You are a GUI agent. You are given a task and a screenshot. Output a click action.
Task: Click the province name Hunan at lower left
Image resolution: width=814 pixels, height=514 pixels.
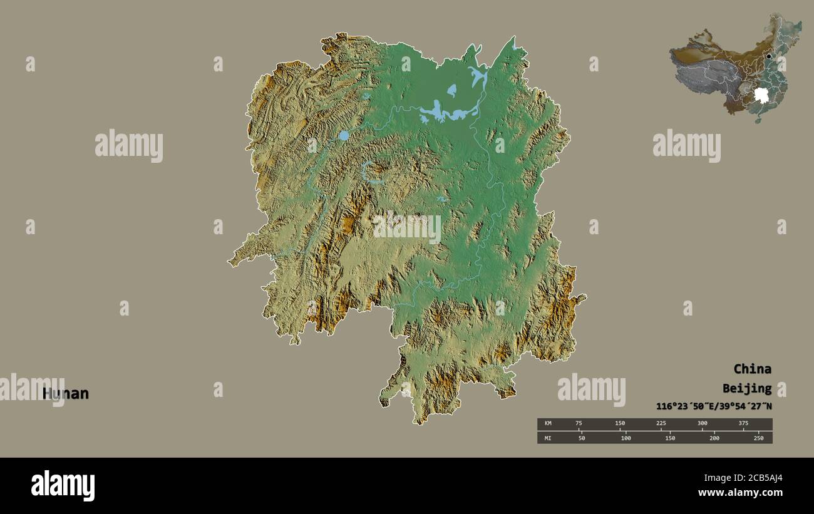pyautogui.click(x=66, y=394)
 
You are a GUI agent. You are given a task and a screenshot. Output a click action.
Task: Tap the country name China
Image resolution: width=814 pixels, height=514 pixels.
pyautogui.click(x=752, y=369)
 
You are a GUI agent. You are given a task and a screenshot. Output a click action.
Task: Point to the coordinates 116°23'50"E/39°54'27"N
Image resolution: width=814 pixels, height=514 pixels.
pyautogui.click(x=714, y=406)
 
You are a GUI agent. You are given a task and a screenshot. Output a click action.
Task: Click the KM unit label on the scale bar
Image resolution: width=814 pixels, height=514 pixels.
pyautogui.click(x=548, y=424)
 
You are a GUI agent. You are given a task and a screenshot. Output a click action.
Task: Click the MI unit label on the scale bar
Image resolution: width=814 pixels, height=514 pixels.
pyautogui.click(x=548, y=438)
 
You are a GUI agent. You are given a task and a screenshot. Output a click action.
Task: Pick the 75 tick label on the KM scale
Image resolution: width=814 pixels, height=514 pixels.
pyautogui.click(x=579, y=424)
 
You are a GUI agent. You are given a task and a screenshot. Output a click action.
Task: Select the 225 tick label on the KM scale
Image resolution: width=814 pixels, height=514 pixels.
pyautogui.click(x=661, y=424)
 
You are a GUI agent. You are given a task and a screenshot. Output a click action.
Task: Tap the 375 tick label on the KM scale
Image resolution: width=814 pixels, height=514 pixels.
pyautogui.click(x=743, y=424)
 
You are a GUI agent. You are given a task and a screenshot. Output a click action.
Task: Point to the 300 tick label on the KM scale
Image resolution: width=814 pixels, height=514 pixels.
pyautogui.click(x=702, y=424)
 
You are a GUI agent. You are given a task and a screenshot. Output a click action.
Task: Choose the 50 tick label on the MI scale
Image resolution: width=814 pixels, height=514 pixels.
pyautogui.click(x=582, y=438)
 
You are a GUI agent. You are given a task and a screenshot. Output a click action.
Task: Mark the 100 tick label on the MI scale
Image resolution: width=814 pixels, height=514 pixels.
pyautogui.click(x=626, y=438)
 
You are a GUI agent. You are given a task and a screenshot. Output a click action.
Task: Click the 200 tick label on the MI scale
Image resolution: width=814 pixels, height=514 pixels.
pyautogui.click(x=714, y=438)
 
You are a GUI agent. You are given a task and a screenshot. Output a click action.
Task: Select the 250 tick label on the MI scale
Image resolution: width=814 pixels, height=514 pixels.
pyautogui.click(x=758, y=438)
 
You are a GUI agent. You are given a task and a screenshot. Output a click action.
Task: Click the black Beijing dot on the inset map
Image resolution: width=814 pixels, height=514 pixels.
pyautogui.click(x=769, y=56)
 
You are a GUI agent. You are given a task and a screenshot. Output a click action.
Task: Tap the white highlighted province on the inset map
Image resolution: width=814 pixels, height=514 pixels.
pyautogui.click(x=761, y=95)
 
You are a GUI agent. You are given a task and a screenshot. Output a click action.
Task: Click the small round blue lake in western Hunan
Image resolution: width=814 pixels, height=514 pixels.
pyautogui.click(x=344, y=135)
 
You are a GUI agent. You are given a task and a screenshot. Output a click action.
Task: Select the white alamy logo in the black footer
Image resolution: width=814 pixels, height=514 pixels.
pyautogui.click(x=63, y=486)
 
